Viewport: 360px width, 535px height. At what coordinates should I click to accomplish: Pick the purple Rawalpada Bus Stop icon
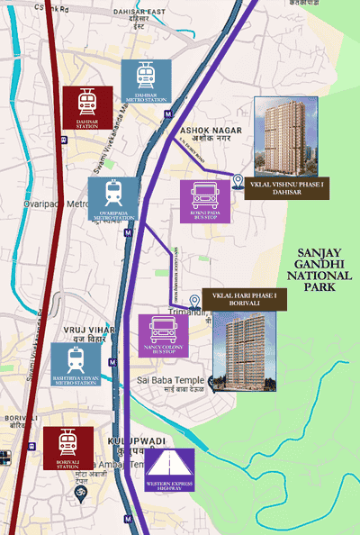[205, 202]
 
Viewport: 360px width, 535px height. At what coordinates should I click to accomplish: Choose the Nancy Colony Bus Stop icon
[163, 336]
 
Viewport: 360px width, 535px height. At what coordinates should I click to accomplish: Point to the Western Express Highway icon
[169, 473]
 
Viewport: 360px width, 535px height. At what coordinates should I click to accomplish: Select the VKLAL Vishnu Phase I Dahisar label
[286, 187]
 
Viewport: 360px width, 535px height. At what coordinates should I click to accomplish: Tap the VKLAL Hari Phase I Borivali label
[244, 300]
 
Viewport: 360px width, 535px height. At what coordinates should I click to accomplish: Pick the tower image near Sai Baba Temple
[244, 352]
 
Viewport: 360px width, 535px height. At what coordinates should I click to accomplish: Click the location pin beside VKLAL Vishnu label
[238, 181]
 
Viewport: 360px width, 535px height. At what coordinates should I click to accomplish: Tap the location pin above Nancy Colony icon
[195, 301]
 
